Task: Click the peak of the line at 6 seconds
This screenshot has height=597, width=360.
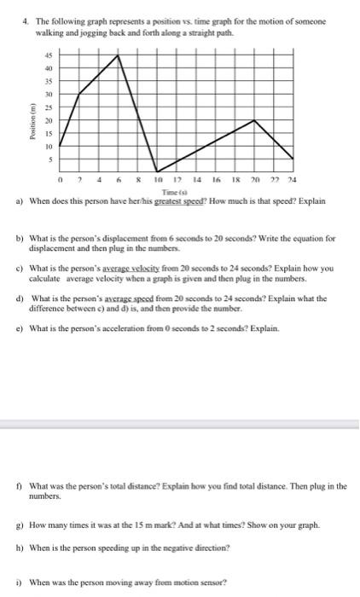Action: tap(119, 55)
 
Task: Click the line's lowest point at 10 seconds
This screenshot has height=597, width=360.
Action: tap(156, 171)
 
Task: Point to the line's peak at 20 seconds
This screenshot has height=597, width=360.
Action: tap(255, 120)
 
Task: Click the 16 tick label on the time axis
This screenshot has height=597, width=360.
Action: tap(216, 181)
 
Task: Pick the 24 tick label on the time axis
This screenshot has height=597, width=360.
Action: tap(293, 181)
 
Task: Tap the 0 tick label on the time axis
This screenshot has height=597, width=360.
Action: tap(61, 181)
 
